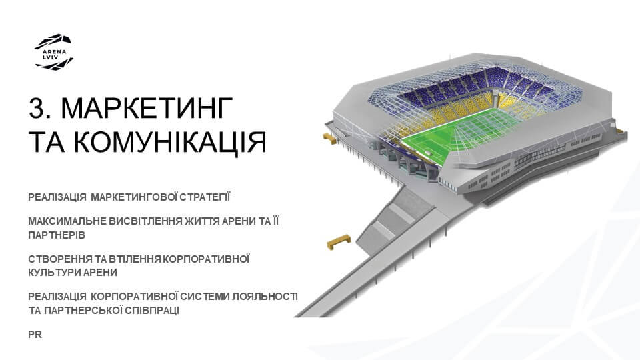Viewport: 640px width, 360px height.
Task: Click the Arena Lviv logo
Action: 53,53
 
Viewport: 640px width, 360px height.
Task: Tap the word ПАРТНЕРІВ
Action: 57,235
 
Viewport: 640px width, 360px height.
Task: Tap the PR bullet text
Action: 35,334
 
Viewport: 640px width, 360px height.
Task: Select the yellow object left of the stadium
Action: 329,137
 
